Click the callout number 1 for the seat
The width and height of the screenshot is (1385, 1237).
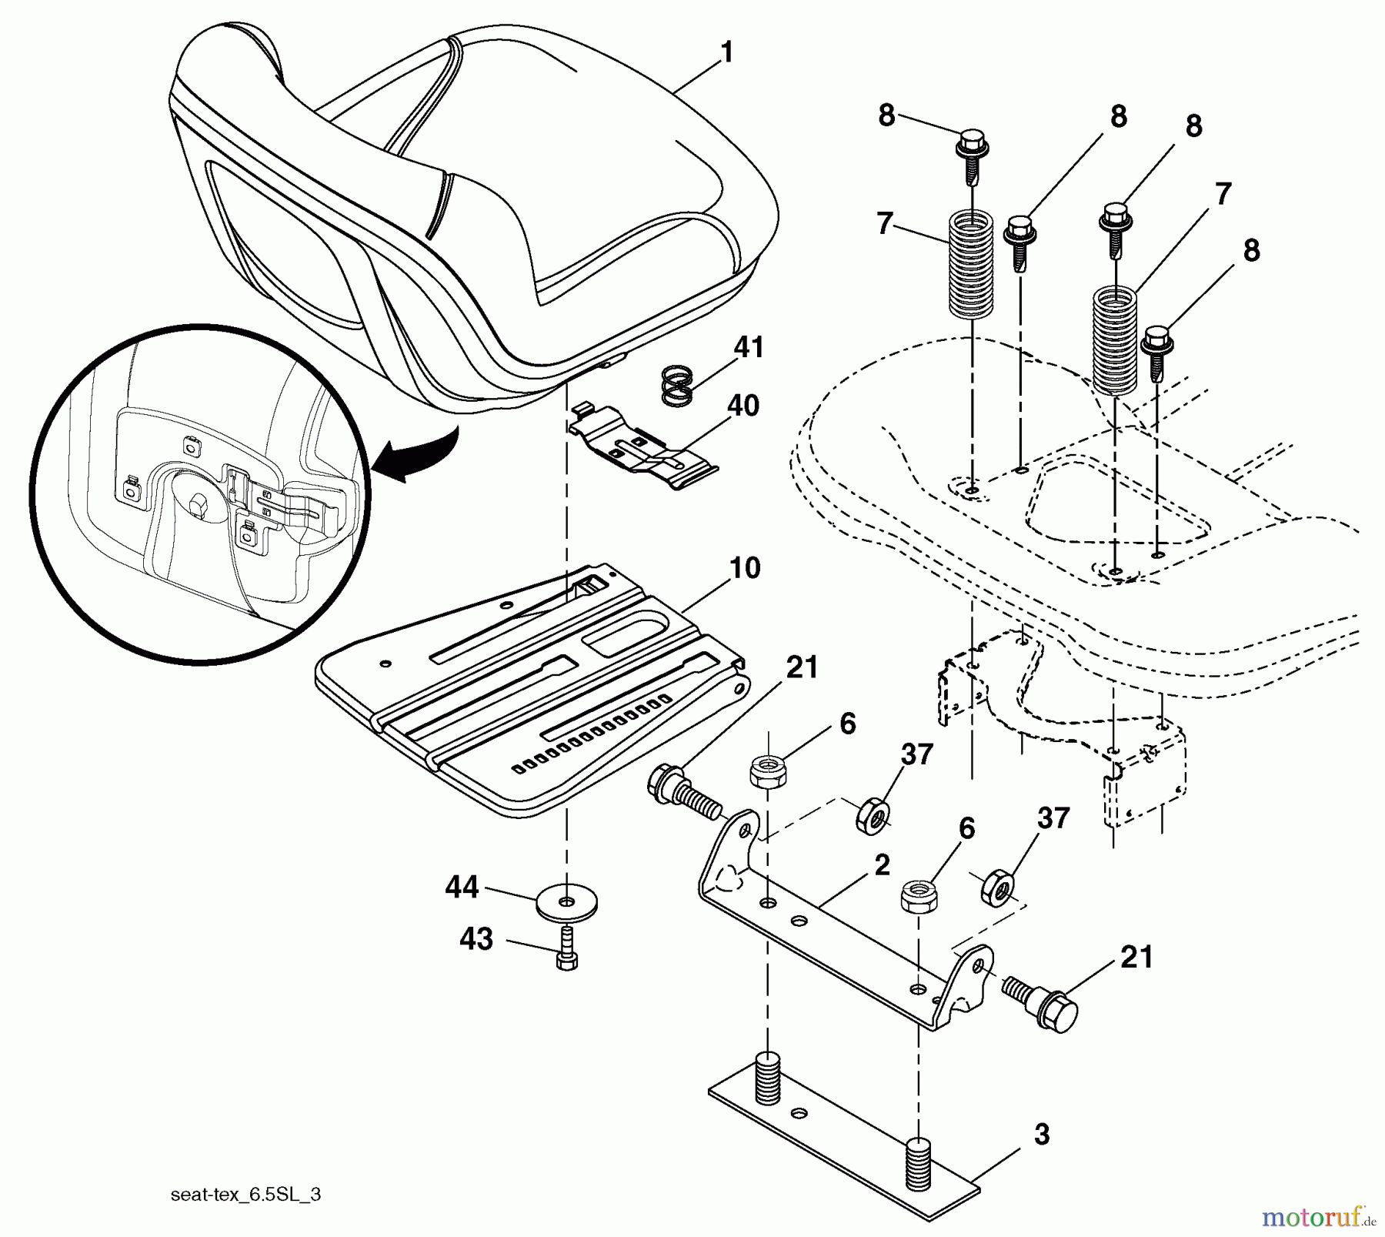pyautogui.click(x=726, y=52)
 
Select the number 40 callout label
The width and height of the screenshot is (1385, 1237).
pyautogui.click(x=743, y=405)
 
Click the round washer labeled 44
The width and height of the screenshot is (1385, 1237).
pyautogui.click(x=567, y=901)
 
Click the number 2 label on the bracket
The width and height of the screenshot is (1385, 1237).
pyautogui.click(x=882, y=864)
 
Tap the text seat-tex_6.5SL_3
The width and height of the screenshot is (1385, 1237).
pyautogui.click(x=245, y=1194)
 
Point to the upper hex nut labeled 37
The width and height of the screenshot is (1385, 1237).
pyautogui.click(x=873, y=814)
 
